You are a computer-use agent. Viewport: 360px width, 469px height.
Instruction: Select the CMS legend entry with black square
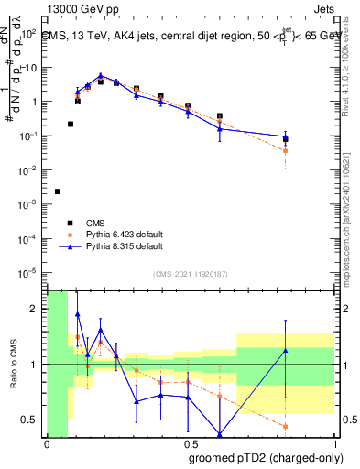tap(88, 222)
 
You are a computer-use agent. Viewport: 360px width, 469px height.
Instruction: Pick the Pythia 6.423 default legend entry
tap(111, 234)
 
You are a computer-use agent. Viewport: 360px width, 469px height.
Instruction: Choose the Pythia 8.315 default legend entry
tap(111, 246)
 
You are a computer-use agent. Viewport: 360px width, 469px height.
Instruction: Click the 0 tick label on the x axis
tap(47, 443)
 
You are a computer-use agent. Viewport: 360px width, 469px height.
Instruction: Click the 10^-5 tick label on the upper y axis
tap(28, 272)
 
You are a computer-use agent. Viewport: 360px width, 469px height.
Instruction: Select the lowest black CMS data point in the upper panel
tap(58, 191)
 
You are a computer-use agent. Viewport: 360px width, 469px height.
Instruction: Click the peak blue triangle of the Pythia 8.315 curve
tap(101, 77)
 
